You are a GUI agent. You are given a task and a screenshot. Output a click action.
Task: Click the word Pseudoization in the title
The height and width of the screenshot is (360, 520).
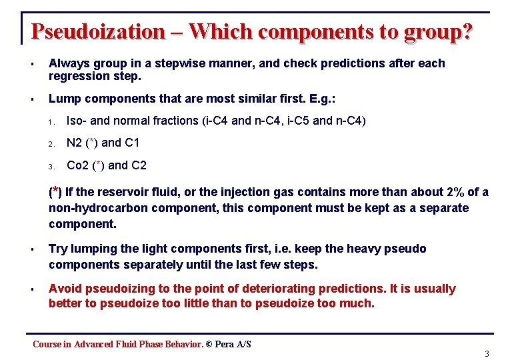(97, 31)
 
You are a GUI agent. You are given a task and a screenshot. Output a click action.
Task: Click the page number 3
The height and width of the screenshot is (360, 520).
(487, 353)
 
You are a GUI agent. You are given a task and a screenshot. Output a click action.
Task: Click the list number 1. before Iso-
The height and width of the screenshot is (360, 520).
(51, 122)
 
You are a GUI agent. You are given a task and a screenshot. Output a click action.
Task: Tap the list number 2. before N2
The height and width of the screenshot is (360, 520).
(51, 143)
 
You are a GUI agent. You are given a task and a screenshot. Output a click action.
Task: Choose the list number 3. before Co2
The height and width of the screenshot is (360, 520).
(51, 166)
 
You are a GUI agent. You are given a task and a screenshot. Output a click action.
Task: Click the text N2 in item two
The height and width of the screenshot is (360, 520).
(75, 143)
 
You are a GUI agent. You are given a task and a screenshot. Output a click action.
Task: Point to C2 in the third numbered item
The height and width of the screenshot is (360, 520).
(138, 165)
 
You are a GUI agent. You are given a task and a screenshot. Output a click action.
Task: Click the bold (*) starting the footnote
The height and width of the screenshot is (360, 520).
(57, 193)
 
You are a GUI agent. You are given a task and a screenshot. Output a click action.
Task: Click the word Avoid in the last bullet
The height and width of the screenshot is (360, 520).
(64, 289)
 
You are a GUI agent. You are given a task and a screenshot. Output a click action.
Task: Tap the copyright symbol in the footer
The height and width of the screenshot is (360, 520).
(209, 344)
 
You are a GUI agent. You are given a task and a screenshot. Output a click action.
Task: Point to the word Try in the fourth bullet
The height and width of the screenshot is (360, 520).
(58, 249)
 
